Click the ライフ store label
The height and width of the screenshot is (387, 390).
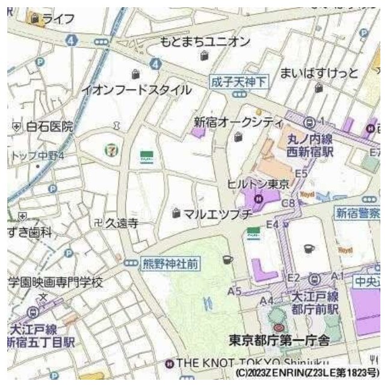click(x=58, y=19)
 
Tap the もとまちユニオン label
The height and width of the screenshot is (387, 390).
click(x=205, y=41)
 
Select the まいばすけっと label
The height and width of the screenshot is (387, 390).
click(x=319, y=73)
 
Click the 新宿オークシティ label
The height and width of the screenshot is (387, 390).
click(x=238, y=122)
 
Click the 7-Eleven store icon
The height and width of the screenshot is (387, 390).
click(x=113, y=150)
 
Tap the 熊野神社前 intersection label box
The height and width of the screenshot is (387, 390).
click(x=170, y=263)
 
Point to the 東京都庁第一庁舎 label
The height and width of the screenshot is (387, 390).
click(x=279, y=341)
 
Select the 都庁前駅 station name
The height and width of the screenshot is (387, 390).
click(x=315, y=309)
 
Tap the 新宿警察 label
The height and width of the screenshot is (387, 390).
click(x=358, y=213)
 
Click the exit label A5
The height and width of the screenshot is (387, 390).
click(x=235, y=291)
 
